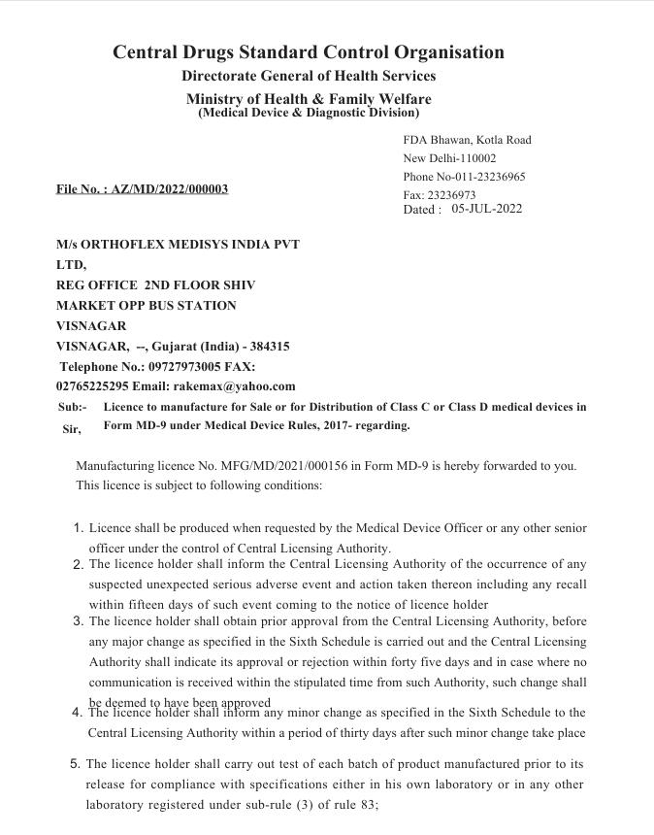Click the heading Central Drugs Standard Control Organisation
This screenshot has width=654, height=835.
tap(309, 52)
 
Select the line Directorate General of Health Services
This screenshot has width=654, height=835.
tap(309, 76)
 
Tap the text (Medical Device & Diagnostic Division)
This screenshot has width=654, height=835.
tap(309, 113)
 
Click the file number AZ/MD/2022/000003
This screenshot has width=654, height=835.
tap(170, 188)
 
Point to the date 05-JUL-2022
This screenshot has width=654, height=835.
tap(487, 209)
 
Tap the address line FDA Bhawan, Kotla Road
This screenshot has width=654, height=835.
tap(467, 140)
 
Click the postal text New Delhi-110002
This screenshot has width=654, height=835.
tap(449, 158)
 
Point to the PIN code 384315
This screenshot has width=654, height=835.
tap(269, 346)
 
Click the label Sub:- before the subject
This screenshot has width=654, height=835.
tap(73, 408)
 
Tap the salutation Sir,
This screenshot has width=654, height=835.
tap(72, 429)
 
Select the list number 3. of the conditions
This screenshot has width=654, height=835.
tap(79, 620)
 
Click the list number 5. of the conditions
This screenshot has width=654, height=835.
tap(76, 764)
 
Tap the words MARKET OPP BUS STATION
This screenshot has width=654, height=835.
tap(147, 305)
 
